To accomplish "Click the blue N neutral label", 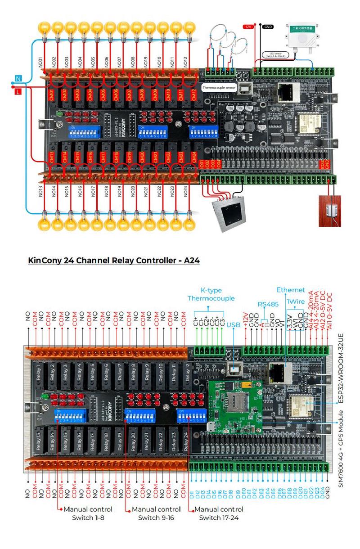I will pos(18,78).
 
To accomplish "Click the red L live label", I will pos(18,92).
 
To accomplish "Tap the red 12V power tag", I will pos(248,27).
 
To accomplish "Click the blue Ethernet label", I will pos(291,289).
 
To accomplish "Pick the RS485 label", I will pos(269,304).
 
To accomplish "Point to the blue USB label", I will pos(234,324).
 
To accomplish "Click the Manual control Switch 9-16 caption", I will pos(156,513).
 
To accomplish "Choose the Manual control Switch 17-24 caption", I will pos(219,513).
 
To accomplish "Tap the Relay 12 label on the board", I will pos(186,371).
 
